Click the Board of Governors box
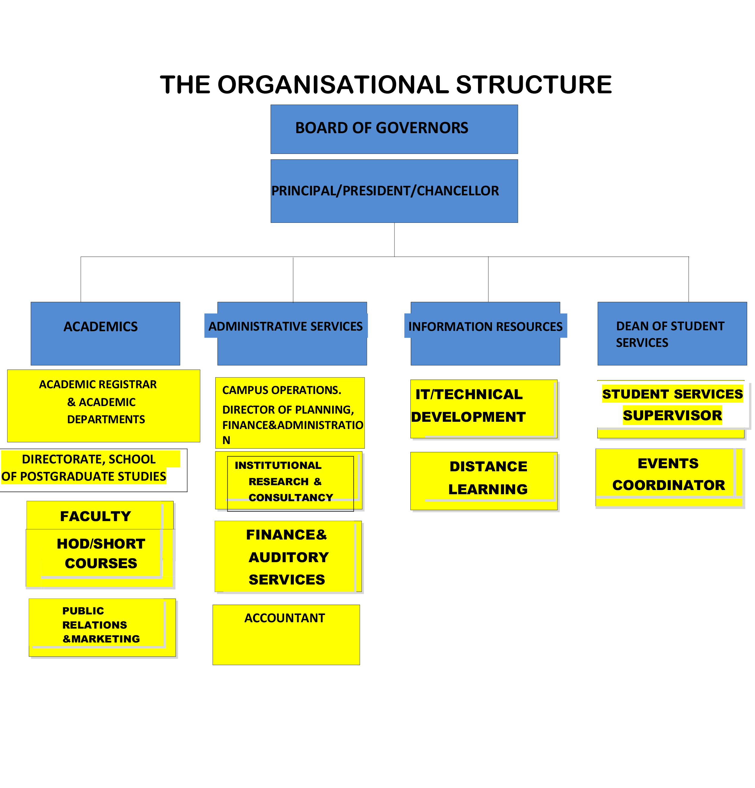point(394,129)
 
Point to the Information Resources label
point(485,326)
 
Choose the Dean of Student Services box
point(671,333)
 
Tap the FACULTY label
point(96,515)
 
